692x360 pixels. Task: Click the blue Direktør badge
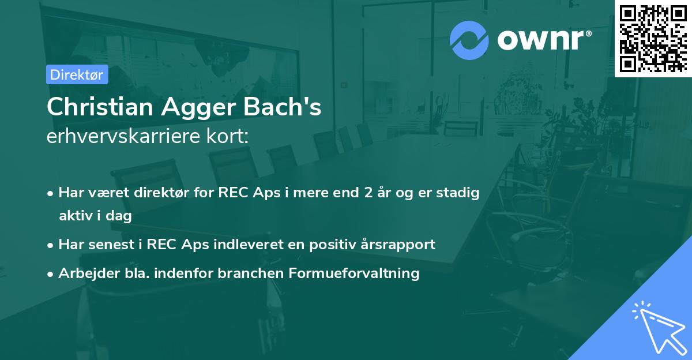77,74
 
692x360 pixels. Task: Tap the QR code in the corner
653,39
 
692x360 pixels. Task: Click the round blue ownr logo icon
469,40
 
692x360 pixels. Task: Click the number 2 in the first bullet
367,193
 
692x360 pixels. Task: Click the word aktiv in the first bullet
76,216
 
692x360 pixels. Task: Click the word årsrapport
403,244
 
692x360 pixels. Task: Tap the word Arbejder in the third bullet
84,273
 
